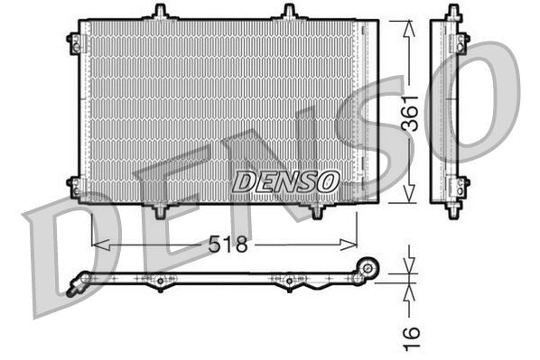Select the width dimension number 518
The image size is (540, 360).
227,244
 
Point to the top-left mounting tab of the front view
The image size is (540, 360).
160,12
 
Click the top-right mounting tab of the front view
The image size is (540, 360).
289,12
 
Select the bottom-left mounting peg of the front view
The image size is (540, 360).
160,210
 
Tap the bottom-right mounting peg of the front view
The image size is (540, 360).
316,210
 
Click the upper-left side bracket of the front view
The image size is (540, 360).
74,41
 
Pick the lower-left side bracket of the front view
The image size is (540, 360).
74,185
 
